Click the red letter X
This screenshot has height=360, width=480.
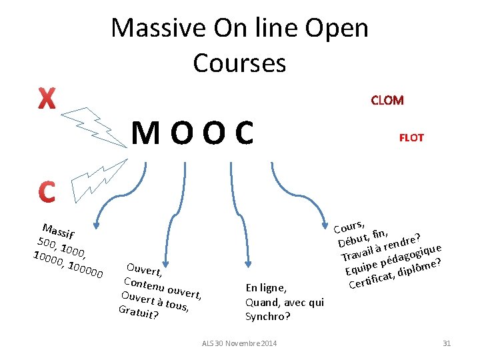pos(46,99)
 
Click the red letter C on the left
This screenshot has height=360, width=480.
pos(46,192)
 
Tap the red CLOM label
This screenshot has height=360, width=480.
pos(387,101)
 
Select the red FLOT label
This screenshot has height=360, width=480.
pos(411,138)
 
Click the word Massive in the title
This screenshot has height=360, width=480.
pos(155,29)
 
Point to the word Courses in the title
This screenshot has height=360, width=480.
pos(239,63)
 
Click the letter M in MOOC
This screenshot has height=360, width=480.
pos(145,134)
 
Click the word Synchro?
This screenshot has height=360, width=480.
pos(268,316)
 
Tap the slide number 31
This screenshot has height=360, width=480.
pos(447,343)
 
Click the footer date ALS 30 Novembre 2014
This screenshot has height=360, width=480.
pos(239,343)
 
